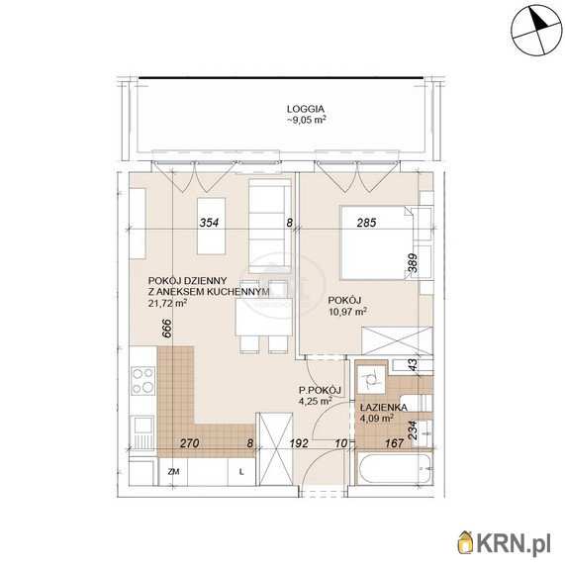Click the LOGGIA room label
pyautogui.click(x=306, y=109)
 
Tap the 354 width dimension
pyautogui.click(x=209, y=223)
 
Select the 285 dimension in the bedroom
pyautogui.click(x=366, y=223)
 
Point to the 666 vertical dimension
pyautogui.click(x=166, y=329)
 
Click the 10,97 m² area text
pyautogui.click(x=347, y=312)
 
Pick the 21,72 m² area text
pyautogui.click(x=167, y=303)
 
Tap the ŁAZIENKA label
pyautogui.click(x=383, y=408)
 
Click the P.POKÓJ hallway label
pyautogui.click(x=320, y=391)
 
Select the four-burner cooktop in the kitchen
pyautogui.click(x=142, y=381)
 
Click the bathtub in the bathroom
pyautogui.click(x=394, y=468)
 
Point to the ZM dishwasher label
pyautogui.click(x=174, y=472)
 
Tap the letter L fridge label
pyautogui.click(x=241, y=472)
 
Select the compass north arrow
pyautogui.click(x=538, y=19)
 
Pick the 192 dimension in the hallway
pyautogui.click(x=299, y=443)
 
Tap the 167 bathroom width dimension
pyautogui.click(x=394, y=443)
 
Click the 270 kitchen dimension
pyautogui.click(x=190, y=443)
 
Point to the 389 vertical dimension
pyautogui.click(x=413, y=263)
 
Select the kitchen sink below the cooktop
pyautogui.click(x=142, y=433)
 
